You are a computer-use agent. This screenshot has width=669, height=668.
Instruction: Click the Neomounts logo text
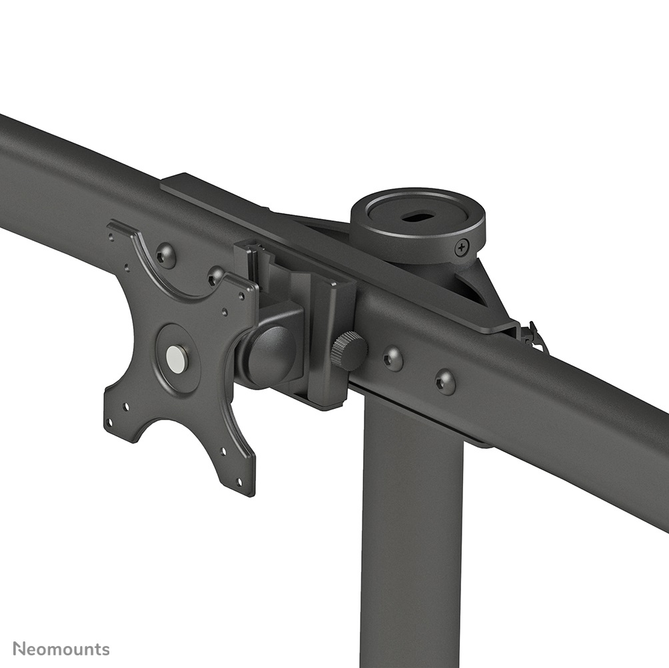[61, 648]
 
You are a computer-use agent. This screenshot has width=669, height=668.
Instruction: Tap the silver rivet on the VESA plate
[177, 358]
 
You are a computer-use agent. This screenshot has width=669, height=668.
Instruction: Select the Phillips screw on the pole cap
[462, 248]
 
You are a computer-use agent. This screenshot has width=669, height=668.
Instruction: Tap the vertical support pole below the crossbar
[411, 533]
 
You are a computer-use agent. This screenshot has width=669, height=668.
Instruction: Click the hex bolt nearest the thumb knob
[392, 358]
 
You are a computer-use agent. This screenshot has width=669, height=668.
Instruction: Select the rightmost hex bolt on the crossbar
[445, 382]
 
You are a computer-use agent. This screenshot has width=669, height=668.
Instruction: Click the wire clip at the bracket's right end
[533, 336]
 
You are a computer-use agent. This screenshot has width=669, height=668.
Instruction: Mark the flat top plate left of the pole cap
[220, 200]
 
